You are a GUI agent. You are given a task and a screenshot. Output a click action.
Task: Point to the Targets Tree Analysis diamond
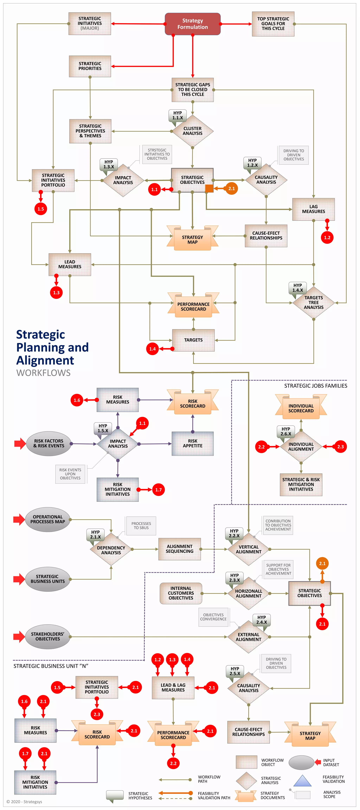tap(313, 303)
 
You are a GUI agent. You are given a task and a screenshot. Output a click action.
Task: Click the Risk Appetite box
tap(192, 443)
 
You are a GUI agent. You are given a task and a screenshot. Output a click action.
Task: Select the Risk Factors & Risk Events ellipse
tap(49, 443)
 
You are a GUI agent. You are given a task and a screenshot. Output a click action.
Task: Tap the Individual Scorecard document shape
tap(301, 408)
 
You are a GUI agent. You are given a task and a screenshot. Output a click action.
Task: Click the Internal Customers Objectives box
tap(181, 593)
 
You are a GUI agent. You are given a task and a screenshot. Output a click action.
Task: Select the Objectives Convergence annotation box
tap(213, 617)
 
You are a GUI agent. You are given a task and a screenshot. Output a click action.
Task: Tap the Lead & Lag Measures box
tap(173, 687)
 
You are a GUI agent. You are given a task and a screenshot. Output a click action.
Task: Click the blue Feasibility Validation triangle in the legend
tap(302, 781)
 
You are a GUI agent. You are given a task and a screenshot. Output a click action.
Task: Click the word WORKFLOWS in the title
tap(43, 373)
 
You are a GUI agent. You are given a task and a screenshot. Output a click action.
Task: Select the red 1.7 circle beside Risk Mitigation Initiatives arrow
tap(158, 490)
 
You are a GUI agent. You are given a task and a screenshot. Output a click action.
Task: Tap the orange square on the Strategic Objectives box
tap(209, 189)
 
